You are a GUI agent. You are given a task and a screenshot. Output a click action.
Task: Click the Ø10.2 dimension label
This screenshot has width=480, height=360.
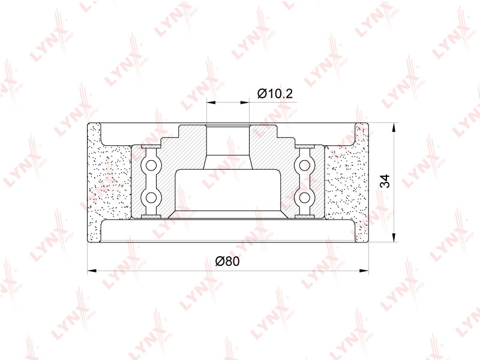coord(275,94)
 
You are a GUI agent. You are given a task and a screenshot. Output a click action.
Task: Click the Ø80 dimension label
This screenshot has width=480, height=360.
coord(227,262)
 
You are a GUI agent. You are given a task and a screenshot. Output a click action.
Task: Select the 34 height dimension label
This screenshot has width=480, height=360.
coord(385,181)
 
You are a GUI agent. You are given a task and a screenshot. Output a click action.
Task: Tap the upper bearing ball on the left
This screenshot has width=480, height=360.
coord(151,166)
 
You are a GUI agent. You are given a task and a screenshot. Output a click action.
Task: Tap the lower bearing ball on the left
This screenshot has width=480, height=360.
coord(151,198)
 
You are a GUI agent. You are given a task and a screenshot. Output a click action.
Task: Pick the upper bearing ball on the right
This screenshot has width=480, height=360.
coord(304,166)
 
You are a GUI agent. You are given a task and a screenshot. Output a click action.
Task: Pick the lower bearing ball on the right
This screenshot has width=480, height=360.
coord(304,198)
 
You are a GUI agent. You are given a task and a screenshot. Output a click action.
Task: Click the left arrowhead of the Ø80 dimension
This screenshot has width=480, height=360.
coord(92,271)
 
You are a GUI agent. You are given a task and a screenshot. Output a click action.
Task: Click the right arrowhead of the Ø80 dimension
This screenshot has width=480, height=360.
coord(364,271)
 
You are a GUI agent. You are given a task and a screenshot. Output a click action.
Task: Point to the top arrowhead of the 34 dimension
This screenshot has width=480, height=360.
coord(394,127)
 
